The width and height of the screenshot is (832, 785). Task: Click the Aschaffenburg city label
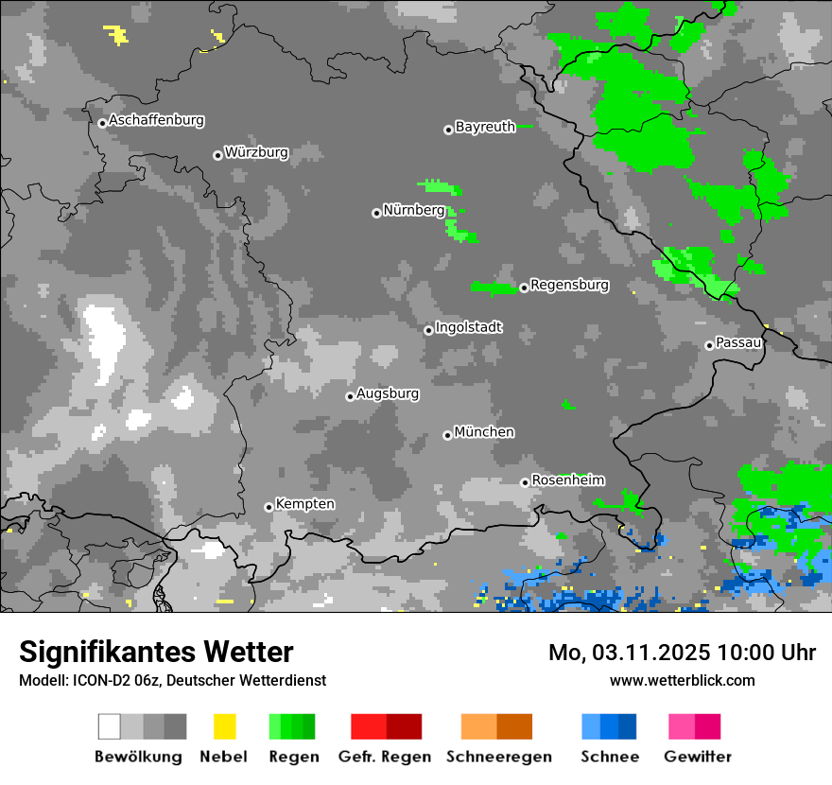coord(156,120)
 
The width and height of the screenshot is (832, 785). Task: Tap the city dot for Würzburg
coord(217,155)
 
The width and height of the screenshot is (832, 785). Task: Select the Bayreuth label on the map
coord(485,127)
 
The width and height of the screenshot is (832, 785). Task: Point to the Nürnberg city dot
coord(376,213)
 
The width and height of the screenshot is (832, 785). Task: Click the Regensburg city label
coord(569,285)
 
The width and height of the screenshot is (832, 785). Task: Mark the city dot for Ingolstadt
coord(428,330)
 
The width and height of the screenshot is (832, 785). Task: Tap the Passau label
coord(739,342)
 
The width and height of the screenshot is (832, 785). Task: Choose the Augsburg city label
coord(388,393)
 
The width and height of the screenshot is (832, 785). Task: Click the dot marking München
coord(447,435)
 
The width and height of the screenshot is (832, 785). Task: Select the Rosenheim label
coord(567,480)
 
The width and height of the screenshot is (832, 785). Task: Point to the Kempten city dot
coord(269,507)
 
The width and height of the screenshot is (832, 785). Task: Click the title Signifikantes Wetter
coord(156,652)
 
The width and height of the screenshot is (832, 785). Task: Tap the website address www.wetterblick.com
coord(682,680)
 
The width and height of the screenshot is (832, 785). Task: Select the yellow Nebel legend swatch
coord(224,726)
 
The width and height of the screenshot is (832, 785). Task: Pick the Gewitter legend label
coord(698,757)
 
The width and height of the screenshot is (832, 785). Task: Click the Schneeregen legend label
coord(498,757)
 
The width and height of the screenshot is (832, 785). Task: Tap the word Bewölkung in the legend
coord(138,757)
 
